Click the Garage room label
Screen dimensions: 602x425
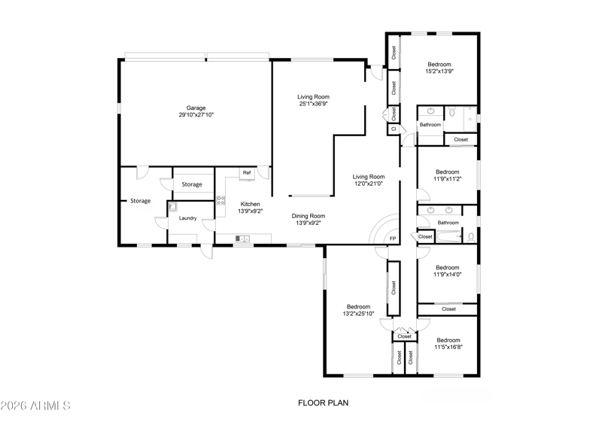coord(196,108)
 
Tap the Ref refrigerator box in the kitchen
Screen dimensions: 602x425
coord(247,174)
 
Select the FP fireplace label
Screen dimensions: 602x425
coord(392,238)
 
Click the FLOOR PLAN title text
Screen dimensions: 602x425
coord(324,402)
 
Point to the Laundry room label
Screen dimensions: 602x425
coord(187,218)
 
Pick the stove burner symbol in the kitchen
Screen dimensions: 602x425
coord(220,200)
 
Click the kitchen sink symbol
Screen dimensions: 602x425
coord(242,238)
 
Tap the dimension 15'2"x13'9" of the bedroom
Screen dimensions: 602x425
coord(439,71)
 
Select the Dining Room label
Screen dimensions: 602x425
coord(309,216)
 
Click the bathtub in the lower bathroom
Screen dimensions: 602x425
coord(448,236)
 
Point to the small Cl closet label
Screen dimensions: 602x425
coord(393,129)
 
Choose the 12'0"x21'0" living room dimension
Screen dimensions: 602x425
coord(368,184)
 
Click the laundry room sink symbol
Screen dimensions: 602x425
coord(172,207)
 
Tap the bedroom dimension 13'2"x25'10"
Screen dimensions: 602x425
coord(358,314)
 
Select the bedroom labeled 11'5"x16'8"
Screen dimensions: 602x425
coord(448,344)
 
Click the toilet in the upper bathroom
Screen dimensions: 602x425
coord(452,112)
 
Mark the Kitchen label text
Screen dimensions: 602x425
coord(250,204)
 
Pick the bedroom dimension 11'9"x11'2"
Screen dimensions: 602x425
coord(447,179)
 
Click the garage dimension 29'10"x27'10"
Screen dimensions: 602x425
coord(196,115)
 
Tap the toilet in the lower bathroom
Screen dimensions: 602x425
coord(471,238)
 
